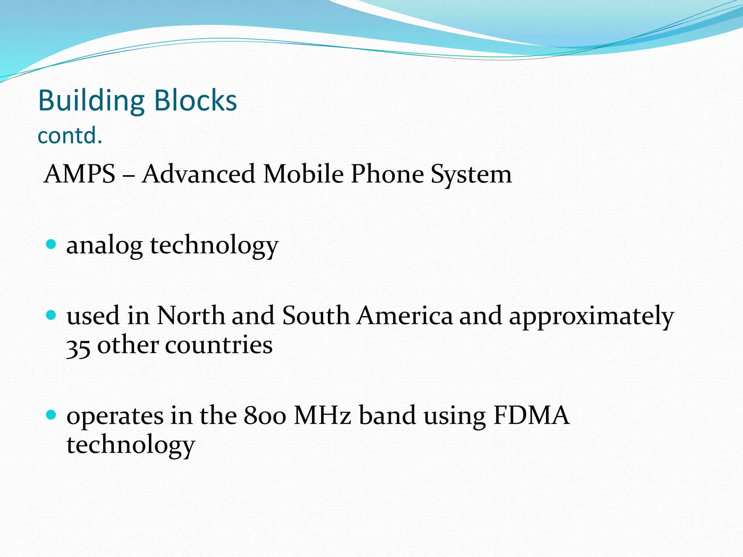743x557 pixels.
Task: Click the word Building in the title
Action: (91, 101)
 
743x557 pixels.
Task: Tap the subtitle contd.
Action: (70, 136)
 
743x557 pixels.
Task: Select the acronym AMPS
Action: (79, 174)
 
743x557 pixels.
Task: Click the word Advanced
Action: (198, 174)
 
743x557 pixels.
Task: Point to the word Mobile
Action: (303, 174)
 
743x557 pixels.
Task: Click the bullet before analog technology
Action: (52, 244)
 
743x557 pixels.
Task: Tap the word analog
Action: (104, 246)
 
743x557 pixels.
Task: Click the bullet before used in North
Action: (52, 314)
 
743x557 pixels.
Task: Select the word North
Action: (191, 315)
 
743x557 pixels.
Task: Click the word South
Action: (316, 315)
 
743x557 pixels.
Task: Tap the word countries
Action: (219, 345)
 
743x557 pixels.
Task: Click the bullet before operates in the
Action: (52, 414)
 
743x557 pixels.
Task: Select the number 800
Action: (265, 416)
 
